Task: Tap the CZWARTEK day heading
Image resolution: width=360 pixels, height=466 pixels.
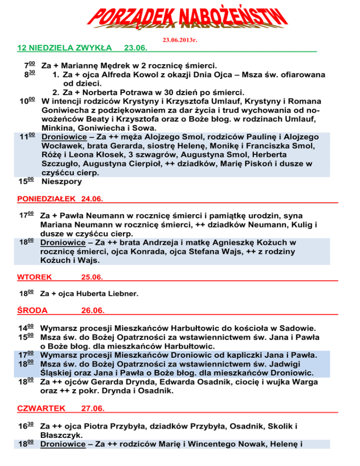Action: pos(41,408)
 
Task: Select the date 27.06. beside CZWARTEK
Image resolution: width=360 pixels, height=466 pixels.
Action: pos(92,408)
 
